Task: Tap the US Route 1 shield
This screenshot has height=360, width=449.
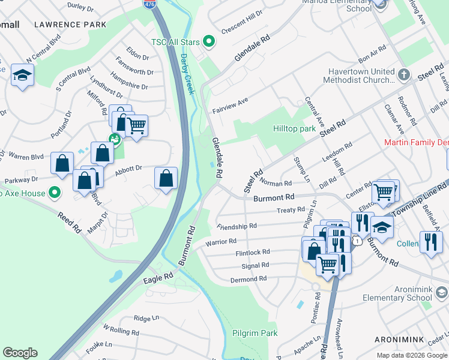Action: click(358, 241)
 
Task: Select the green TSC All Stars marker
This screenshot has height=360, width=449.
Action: click(209, 41)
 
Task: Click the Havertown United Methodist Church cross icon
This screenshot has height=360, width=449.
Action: click(404, 75)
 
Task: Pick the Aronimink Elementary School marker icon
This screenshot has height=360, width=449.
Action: click(442, 292)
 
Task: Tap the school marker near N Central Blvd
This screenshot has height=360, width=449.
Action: click(22, 75)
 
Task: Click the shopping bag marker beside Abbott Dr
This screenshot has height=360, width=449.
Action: click(166, 178)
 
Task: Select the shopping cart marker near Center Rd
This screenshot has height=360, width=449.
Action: click(383, 192)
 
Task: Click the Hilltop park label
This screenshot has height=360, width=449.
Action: click(294, 128)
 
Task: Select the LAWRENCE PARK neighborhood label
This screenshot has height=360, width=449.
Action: click(70, 25)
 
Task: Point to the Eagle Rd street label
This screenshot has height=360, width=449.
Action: click(158, 278)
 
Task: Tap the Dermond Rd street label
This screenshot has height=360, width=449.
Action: click(249, 279)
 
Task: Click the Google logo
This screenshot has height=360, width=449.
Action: click(20, 353)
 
